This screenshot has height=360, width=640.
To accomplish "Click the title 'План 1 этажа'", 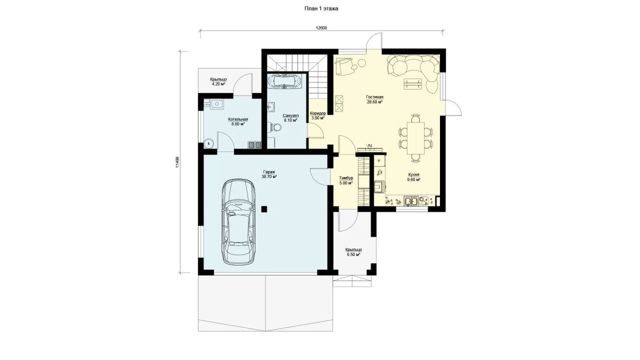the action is coord(321,9).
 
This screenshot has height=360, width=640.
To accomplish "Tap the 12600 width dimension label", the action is coord(321,28).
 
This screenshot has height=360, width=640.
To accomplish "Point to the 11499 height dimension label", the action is coord(177,162).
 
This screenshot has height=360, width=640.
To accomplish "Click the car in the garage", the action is coord(238,222).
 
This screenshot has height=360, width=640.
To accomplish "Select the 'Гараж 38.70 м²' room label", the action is coord(269,174).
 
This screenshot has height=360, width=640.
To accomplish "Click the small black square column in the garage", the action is coord(264,209).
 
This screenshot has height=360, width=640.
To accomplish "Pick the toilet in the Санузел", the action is coord(275,127).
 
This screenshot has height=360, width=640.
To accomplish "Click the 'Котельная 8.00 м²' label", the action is coord(238,122).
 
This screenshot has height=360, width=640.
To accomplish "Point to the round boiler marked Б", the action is coord(209,143).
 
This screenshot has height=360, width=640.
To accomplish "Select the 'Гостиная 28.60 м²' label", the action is coord(374,99).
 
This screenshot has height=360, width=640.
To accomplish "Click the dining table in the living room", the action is coord(415,138).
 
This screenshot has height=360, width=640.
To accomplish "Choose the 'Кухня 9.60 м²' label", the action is coord(414,177).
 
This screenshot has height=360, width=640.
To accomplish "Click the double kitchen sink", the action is coord(411,201).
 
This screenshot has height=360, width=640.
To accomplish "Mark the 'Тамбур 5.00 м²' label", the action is coord(346,181).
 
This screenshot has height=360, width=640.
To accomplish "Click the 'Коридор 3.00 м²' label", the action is coord(318,116).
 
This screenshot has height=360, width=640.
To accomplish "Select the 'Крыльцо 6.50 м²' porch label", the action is coord(354,252).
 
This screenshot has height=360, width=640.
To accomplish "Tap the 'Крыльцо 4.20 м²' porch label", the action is coord(218,82).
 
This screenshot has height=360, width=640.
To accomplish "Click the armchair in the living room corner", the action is coord(345,66).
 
